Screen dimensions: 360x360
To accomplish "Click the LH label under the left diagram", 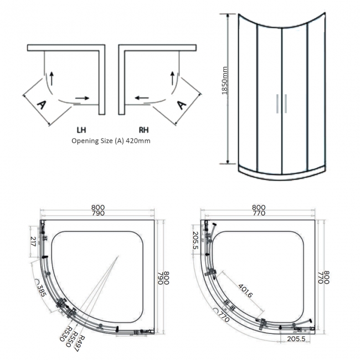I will [81, 131].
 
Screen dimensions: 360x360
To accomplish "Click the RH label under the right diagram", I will [143, 131].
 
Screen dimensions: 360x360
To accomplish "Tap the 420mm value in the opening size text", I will [138, 141].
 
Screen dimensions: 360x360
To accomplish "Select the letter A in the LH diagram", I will [40, 104].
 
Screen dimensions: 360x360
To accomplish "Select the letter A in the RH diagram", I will [181, 104].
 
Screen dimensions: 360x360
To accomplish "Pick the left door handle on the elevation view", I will [277, 104].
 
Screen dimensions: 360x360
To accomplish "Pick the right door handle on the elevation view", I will [285, 104].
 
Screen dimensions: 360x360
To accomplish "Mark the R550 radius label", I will [74, 338].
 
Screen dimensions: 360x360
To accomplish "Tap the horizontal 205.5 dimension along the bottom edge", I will [296, 338].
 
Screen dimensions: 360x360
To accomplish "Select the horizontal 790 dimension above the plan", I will [98, 214].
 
